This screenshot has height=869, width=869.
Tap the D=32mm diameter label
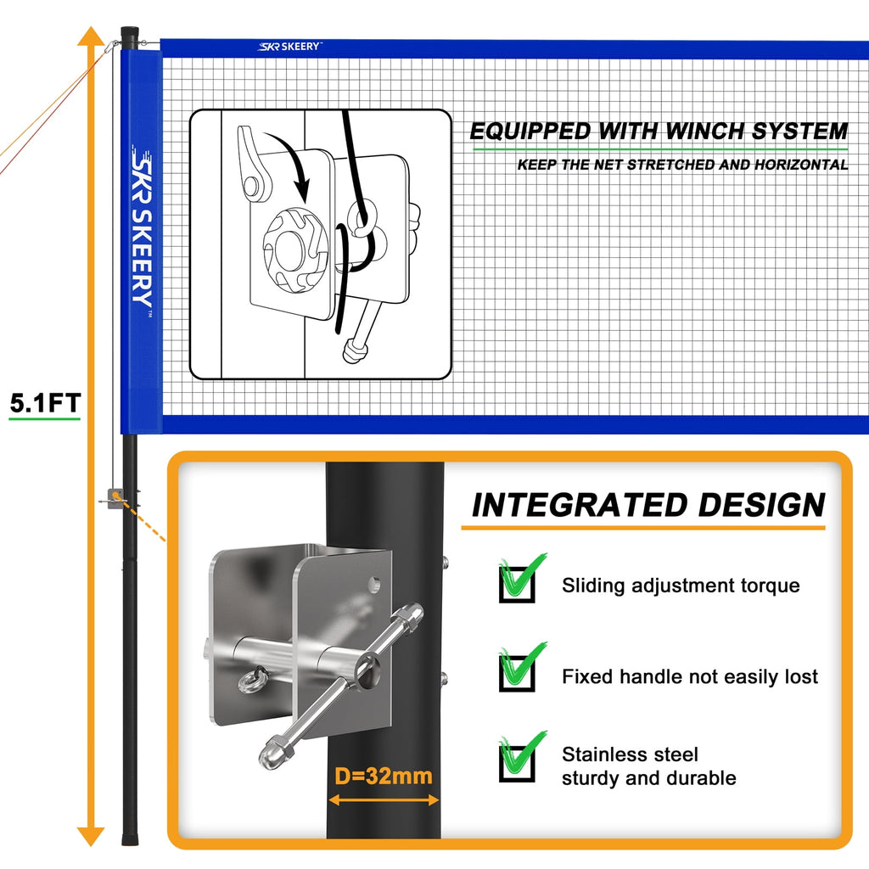[384, 776]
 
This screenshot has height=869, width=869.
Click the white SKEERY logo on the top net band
[289, 47]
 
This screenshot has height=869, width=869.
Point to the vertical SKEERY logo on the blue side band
[142, 229]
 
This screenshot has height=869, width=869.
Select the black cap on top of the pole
[129, 33]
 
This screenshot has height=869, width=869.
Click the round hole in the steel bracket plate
[373, 584]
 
